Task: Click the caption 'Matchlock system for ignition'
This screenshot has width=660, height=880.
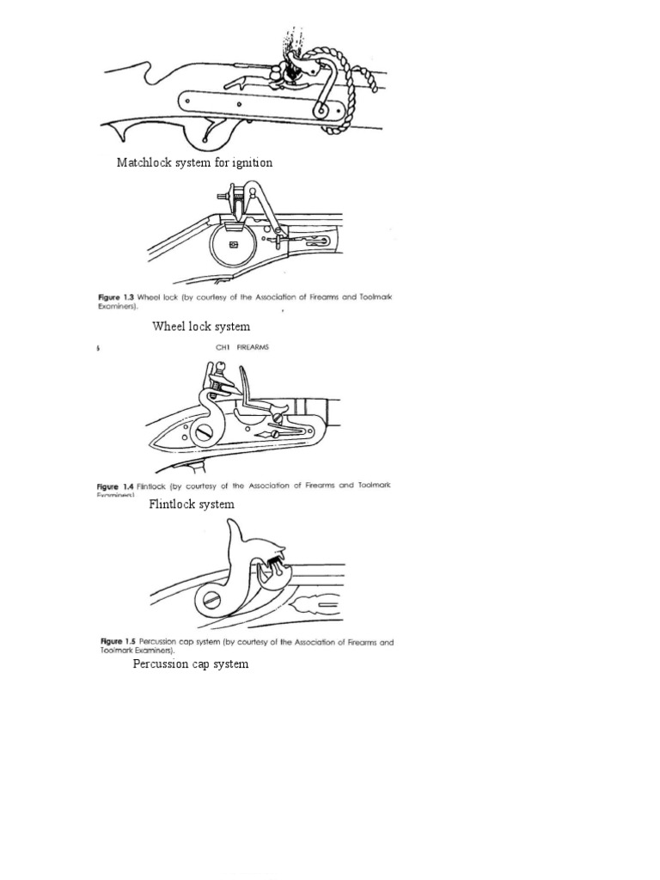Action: (194, 162)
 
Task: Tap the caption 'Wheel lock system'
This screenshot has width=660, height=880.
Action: (201, 327)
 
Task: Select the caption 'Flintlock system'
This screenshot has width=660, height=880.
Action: (192, 504)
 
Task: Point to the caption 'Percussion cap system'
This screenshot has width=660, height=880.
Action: (191, 664)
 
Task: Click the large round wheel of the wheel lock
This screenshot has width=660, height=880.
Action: (233, 245)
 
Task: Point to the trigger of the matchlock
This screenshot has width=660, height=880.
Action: (207, 131)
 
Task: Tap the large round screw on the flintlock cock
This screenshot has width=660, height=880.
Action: (204, 433)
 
